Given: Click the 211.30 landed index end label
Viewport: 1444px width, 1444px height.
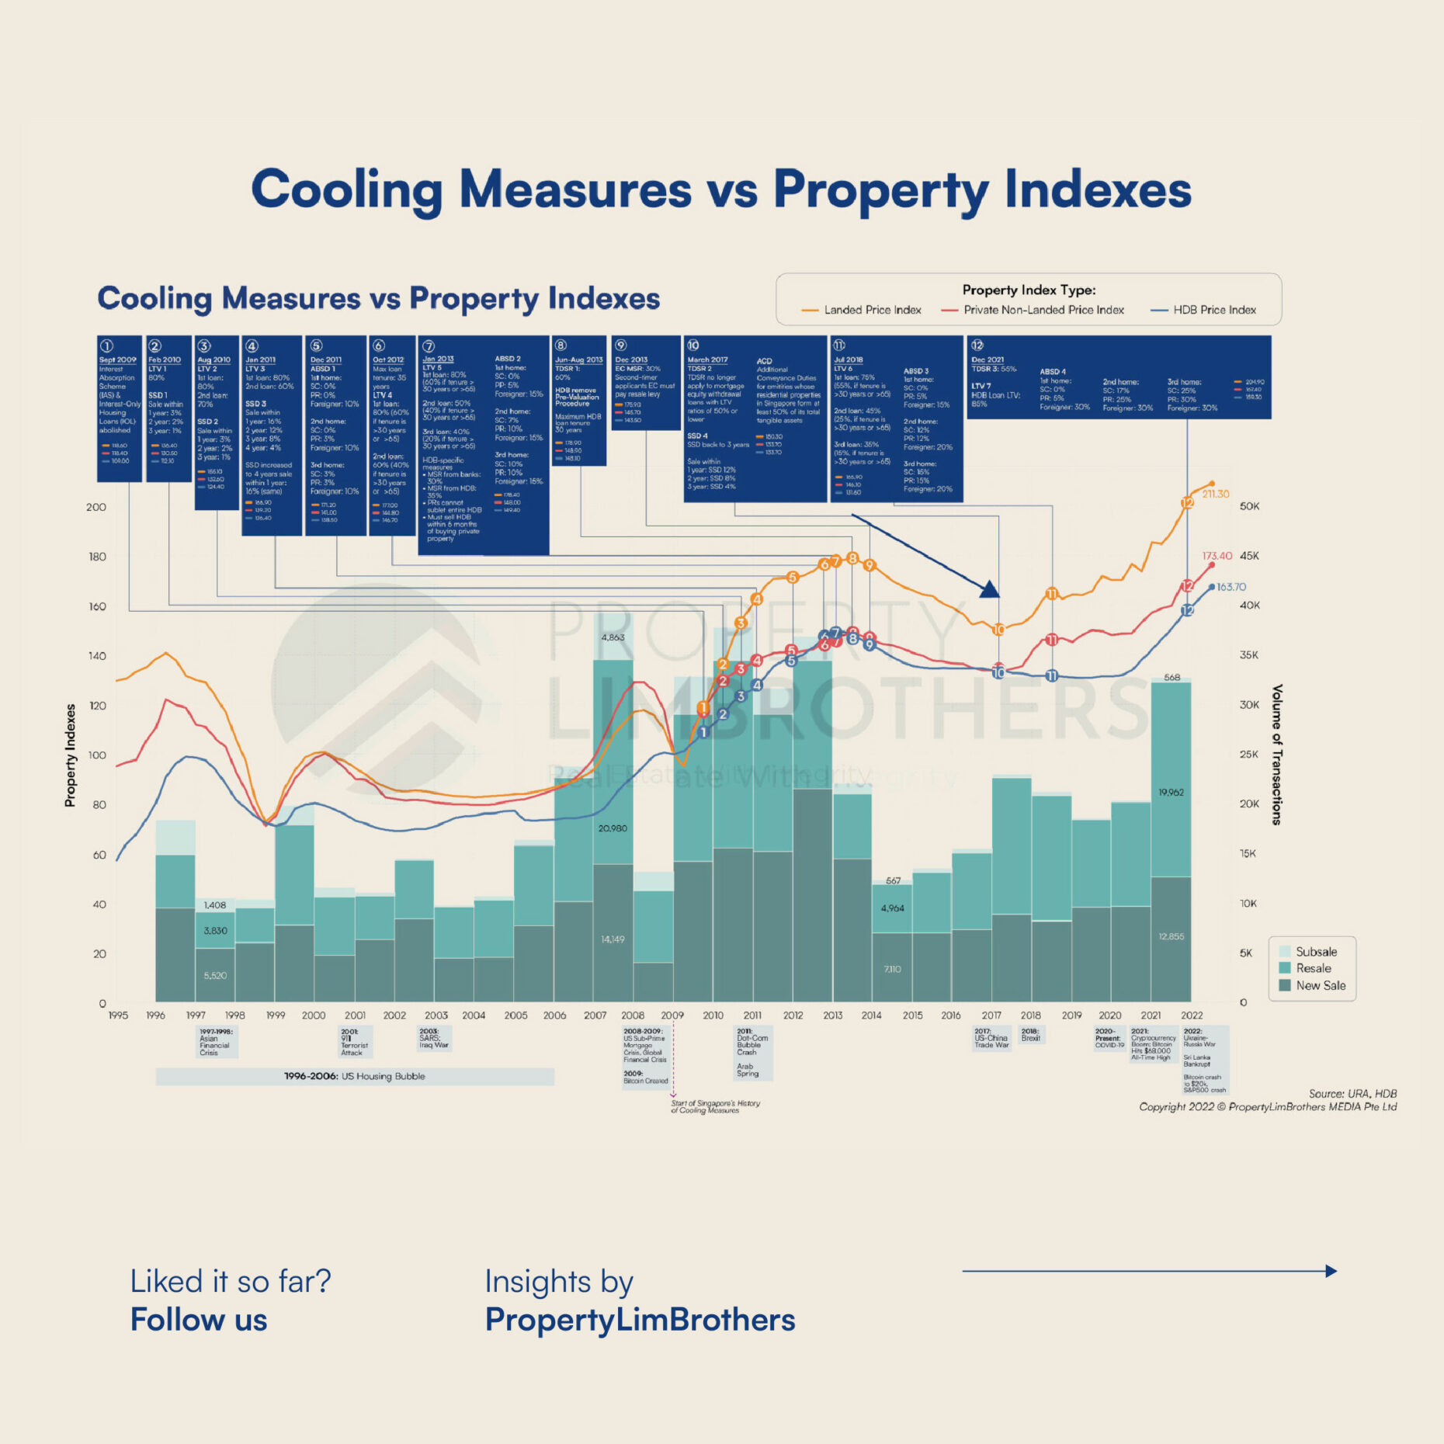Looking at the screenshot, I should [1216, 494].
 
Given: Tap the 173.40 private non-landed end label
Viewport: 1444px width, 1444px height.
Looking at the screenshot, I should [1217, 556].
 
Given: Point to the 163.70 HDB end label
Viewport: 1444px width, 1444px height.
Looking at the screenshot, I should [1231, 587].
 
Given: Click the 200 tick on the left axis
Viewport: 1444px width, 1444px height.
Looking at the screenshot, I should [96, 507].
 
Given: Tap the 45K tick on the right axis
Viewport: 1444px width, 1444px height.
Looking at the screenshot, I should [1249, 556].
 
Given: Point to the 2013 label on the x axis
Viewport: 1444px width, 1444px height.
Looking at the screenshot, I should [832, 1015].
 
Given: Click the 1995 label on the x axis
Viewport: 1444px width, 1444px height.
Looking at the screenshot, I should [118, 1015].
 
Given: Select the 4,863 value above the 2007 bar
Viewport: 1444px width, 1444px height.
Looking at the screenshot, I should [613, 637].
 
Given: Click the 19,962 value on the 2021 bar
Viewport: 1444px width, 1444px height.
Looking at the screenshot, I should [1171, 793].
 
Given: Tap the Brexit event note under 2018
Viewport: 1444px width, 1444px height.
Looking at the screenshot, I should [1031, 1035].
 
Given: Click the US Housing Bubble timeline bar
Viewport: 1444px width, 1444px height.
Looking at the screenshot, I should [355, 1076].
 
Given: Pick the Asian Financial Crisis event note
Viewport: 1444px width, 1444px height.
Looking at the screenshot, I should [216, 1042].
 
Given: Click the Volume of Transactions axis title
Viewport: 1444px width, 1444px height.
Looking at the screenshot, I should [1277, 754].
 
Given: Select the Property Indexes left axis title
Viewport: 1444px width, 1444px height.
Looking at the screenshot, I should [71, 755].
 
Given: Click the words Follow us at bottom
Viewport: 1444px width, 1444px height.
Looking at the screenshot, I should [199, 1320].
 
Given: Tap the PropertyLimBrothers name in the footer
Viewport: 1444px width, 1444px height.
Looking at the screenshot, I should [640, 1320].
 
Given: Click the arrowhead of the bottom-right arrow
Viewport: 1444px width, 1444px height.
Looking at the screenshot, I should [1331, 1271].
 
